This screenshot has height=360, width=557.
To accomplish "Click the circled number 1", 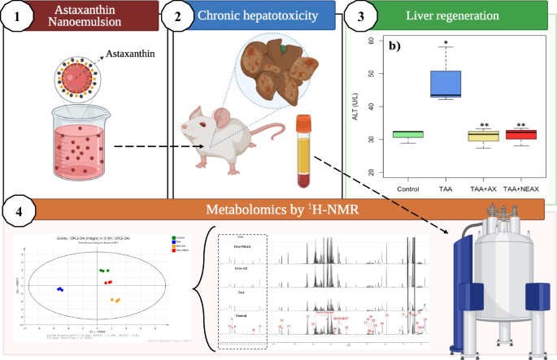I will [20, 17].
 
